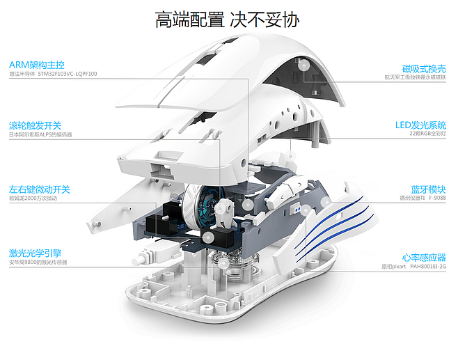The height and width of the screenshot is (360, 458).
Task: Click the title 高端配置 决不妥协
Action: [x=228, y=19]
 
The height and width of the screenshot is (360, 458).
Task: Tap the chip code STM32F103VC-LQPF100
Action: [x=68, y=74]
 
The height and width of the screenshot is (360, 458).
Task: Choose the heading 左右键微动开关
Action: [x=40, y=189]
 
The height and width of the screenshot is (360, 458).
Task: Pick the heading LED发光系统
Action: [x=420, y=125]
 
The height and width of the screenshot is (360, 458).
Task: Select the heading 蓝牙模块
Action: [x=428, y=189]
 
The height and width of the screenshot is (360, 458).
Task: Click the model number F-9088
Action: [x=437, y=198]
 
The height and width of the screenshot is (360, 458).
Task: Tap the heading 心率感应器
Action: [x=424, y=256]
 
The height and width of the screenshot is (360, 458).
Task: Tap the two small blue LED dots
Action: [x=300, y=209]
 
